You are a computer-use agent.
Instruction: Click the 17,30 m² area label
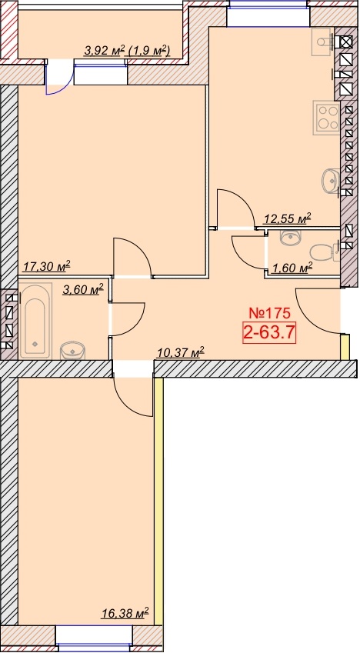click(x=46, y=266)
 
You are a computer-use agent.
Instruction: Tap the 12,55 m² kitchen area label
click(x=288, y=218)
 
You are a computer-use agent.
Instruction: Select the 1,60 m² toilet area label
click(x=292, y=268)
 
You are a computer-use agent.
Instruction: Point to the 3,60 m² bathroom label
click(x=83, y=289)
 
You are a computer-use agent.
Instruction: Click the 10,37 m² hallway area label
click(x=181, y=353)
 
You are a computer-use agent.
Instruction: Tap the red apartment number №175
click(x=268, y=312)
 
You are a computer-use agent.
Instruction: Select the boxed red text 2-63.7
click(x=269, y=333)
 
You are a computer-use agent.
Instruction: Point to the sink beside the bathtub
click(x=72, y=350)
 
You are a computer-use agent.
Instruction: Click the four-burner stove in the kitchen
click(x=327, y=118)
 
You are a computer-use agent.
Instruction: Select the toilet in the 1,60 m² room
click(x=324, y=252)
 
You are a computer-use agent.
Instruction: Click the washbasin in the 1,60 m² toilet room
click(x=293, y=237)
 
